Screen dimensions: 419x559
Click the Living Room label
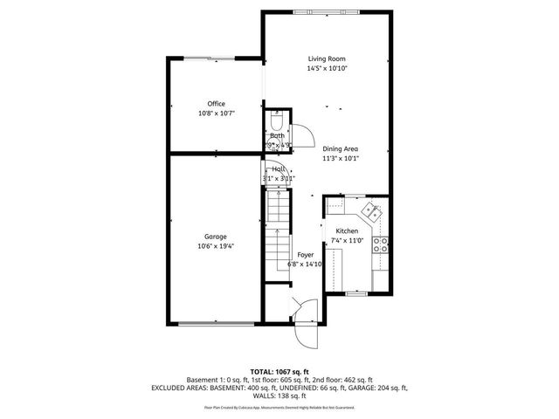[328, 58]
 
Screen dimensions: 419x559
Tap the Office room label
[216, 104]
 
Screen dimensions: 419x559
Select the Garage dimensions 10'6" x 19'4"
[216, 246]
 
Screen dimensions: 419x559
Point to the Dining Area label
[340, 148]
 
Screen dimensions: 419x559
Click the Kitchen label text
[348, 231]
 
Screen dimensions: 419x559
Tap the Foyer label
[305, 254]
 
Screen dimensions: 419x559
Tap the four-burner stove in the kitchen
[380, 244]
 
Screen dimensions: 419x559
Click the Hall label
[279, 168]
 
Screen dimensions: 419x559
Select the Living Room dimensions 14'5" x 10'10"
[328, 68]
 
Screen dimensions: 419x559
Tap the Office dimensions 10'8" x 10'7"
[216, 113]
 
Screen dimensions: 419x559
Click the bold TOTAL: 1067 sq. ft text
[279, 371]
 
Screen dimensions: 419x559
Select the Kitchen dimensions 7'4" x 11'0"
[348, 241]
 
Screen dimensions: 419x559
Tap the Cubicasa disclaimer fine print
[279, 406]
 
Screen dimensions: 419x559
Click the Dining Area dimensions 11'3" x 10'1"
[340, 158]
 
